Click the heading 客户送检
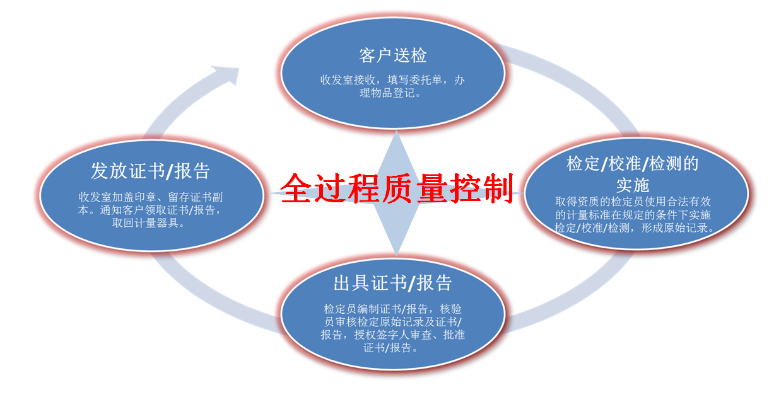coord(392,55)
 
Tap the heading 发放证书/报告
coord(150,171)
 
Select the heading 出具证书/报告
coord(392,283)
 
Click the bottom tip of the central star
coord(396,255)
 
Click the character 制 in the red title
coord(500,188)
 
